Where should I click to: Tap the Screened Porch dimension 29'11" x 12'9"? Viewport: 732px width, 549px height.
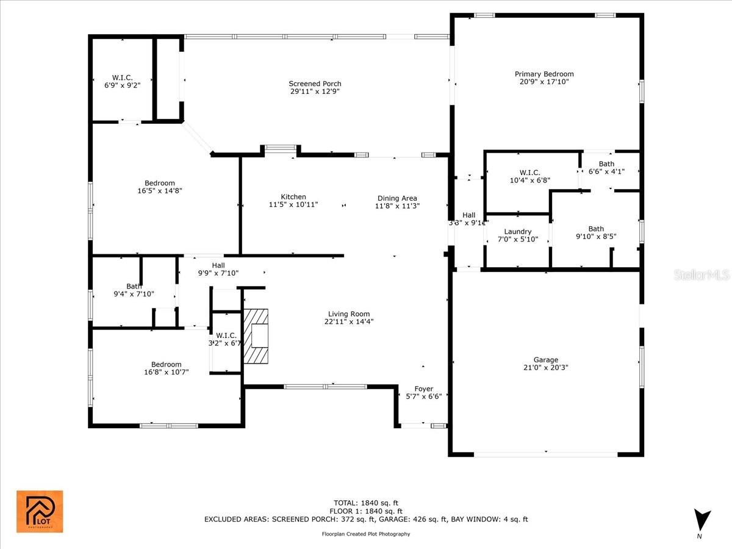click(x=315, y=91)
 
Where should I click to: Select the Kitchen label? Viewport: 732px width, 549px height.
click(x=293, y=196)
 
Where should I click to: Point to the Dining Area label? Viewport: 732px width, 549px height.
click(x=397, y=198)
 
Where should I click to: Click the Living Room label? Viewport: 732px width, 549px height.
click(x=348, y=314)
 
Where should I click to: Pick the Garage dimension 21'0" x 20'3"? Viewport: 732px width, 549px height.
click(x=545, y=367)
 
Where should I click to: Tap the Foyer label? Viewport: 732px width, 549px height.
click(x=424, y=389)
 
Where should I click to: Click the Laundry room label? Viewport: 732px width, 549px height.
click(x=518, y=232)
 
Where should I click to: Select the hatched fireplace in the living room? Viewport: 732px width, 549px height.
click(x=256, y=336)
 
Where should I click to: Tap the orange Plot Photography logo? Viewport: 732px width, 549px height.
click(x=40, y=511)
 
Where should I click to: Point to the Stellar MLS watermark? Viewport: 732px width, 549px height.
click(x=701, y=276)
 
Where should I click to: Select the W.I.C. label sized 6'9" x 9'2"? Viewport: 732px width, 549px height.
click(x=123, y=77)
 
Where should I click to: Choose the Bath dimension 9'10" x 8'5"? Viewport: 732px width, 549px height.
click(x=596, y=237)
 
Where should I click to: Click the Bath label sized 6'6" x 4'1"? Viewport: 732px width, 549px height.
click(x=606, y=164)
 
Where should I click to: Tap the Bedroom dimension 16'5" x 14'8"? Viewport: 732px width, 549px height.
click(x=160, y=191)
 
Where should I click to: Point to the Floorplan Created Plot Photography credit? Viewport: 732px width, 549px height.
click(x=366, y=534)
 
